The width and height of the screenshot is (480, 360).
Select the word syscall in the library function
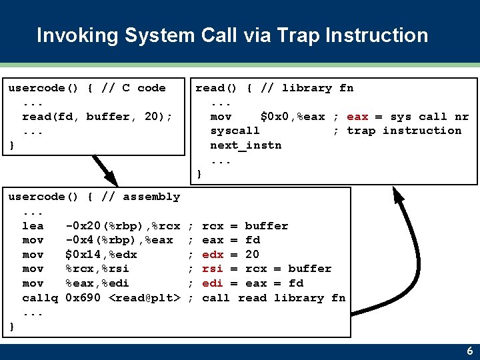pos(235,131)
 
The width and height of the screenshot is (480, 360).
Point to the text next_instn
pos(245,145)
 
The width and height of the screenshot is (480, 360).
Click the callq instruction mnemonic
pos(40,298)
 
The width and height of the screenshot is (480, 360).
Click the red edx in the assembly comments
pos(213,255)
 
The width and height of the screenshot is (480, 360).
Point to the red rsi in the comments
pos(213,269)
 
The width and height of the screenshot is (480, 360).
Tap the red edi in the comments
pos(213,283)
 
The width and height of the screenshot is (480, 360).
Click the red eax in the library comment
pos(357,117)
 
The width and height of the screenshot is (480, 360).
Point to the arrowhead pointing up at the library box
pos(399,194)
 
